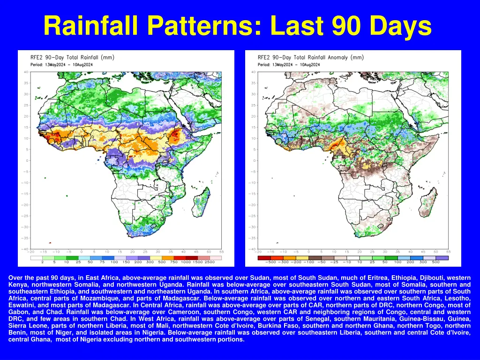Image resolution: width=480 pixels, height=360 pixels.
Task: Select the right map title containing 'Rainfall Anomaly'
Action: (x=310, y=58)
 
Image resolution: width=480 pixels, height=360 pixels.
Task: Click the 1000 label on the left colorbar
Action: (x=185, y=262)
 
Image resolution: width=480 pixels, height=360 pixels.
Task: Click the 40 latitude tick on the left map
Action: (x=26, y=72)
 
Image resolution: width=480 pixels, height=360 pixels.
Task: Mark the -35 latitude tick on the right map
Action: (x=253, y=238)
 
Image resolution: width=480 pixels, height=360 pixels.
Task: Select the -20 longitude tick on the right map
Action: (x=259, y=252)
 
